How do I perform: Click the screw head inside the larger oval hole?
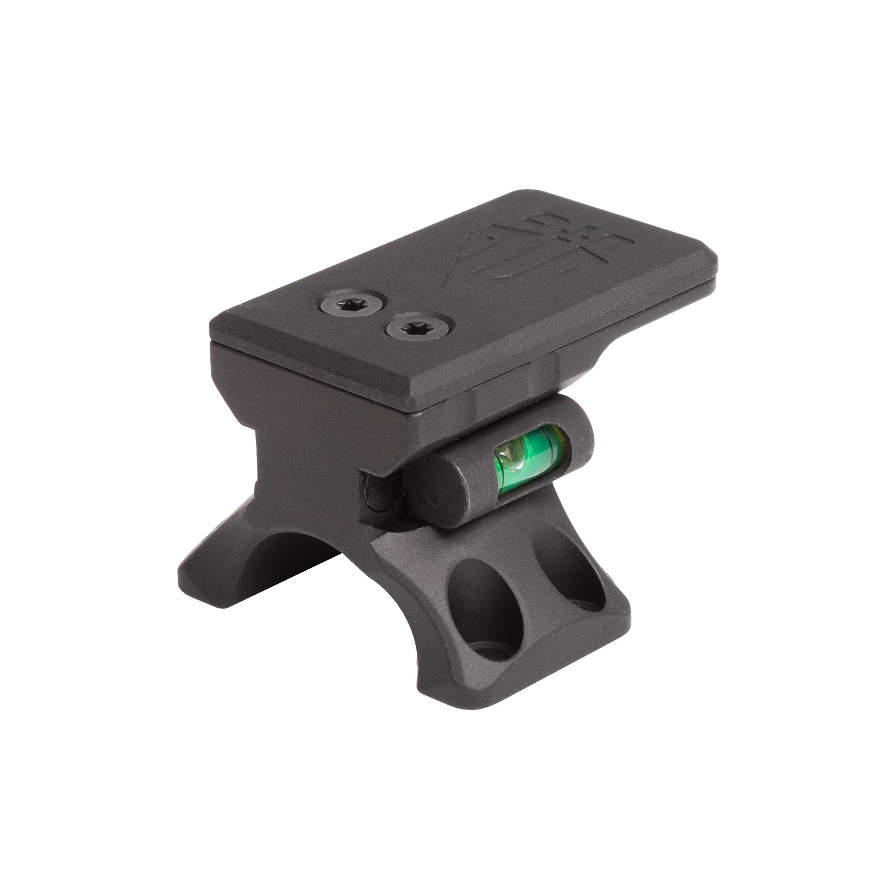(x=499, y=654)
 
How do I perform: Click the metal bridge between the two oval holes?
(x=531, y=590)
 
